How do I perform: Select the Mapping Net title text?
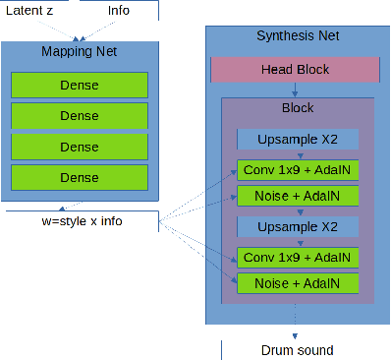80,50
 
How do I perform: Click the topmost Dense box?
80,85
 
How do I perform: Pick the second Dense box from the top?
80,115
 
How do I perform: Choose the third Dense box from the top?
80,147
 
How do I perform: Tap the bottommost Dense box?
80,177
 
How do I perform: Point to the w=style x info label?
82,220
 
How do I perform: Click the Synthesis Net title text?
297,36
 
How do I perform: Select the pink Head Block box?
295,70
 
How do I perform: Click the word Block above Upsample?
298,108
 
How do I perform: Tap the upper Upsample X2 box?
298,140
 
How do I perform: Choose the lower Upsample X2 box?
298,228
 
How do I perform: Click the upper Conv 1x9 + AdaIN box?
298,169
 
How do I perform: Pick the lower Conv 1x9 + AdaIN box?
298,258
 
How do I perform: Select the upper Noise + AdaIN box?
298,197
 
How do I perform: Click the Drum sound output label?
297,350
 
